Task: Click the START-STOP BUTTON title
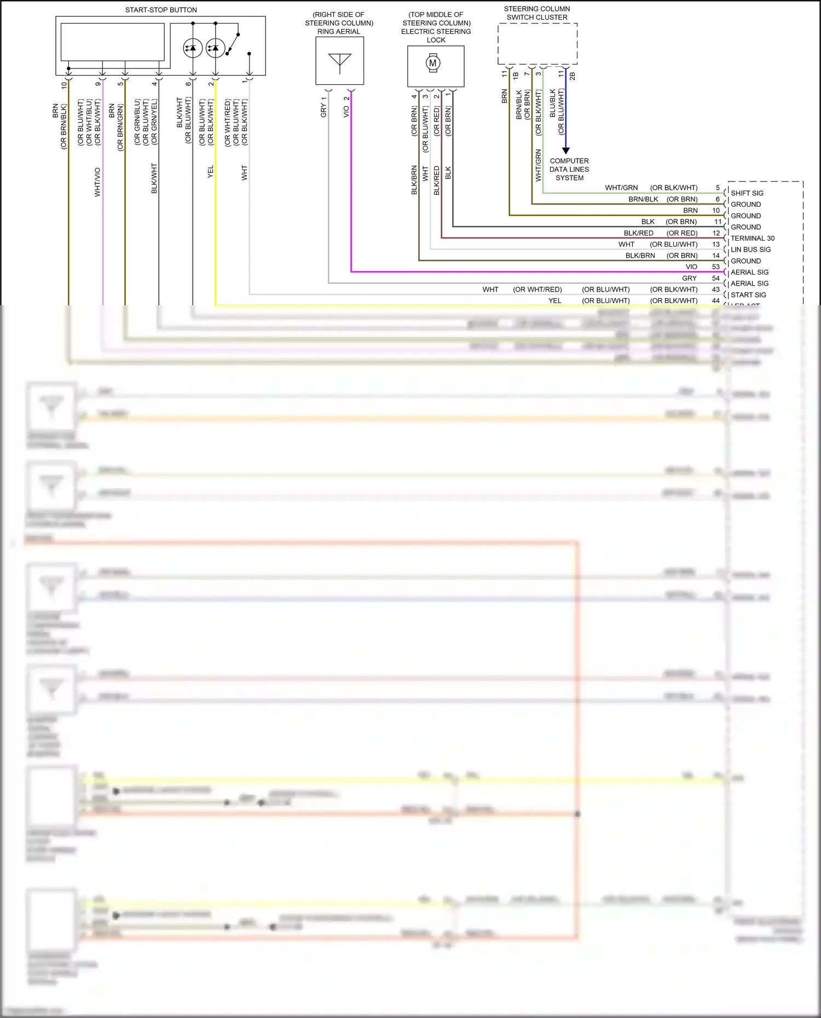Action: (x=161, y=10)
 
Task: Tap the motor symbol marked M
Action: (x=433, y=63)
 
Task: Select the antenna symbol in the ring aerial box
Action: (x=339, y=62)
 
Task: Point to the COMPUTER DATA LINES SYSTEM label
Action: (x=569, y=169)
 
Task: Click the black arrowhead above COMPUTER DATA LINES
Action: (x=566, y=150)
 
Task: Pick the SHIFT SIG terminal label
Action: (x=747, y=193)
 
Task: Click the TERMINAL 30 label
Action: (x=753, y=238)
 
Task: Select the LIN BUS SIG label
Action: (x=750, y=249)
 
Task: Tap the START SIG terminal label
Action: (x=748, y=295)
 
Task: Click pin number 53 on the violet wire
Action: (x=716, y=267)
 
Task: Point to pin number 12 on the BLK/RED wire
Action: (x=716, y=233)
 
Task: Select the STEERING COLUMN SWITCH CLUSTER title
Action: (x=537, y=13)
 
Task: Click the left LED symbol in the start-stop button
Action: (x=193, y=48)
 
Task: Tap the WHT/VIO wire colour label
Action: (x=97, y=182)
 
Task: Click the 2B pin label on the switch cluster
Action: (x=573, y=76)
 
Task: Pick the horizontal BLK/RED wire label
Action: (x=638, y=233)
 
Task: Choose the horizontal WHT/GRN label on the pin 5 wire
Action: (x=621, y=188)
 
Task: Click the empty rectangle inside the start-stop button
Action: (x=112, y=42)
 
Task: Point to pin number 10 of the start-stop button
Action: (x=65, y=85)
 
